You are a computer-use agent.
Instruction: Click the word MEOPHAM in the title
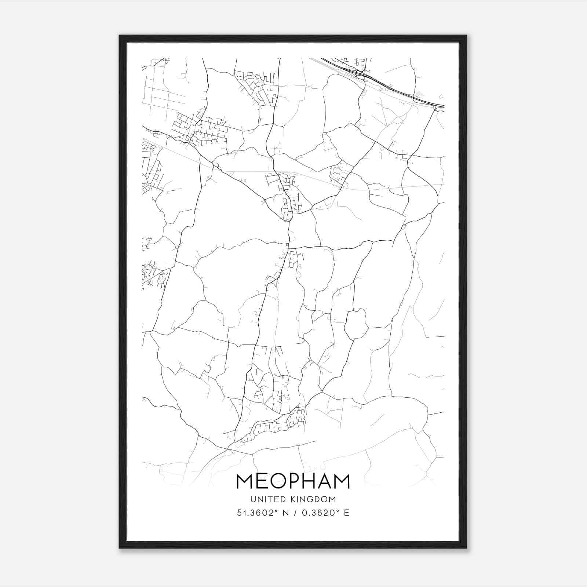(293, 481)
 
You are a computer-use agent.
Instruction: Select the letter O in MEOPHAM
(279, 481)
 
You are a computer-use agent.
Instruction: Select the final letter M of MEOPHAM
(342, 481)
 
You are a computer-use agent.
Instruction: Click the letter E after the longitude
(346, 513)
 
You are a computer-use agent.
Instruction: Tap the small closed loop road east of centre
(356, 324)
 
